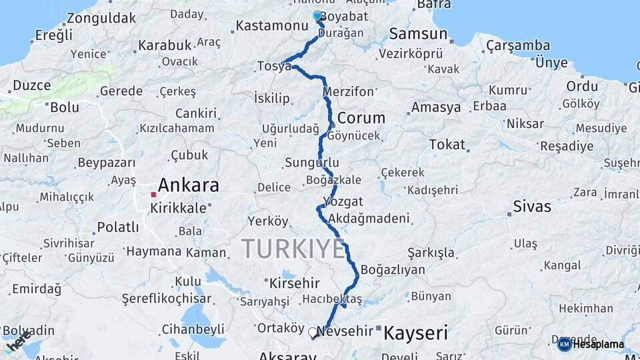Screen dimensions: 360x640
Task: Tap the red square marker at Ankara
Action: click(153, 195)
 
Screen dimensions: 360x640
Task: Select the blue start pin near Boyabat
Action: click(317, 15)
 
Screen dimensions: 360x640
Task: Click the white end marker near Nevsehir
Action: click(313, 331)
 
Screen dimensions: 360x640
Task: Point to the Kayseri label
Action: click(415, 332)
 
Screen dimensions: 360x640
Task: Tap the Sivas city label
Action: click(532, 206)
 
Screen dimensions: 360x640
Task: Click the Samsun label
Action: click(418, 33)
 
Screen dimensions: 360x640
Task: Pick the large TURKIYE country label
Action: click(293, 249)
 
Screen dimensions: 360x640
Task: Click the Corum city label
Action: click(361, 118)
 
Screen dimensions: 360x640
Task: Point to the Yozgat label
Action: click(343, 201)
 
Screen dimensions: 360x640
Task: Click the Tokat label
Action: click(447, 145)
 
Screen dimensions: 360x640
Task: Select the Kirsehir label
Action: click(295, 283)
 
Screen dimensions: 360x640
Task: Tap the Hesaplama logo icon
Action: click(564, 344)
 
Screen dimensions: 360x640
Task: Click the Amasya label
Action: click(436, 107)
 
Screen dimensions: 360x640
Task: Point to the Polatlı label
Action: click(118, 227)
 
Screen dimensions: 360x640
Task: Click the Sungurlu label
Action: click(312, 163)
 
